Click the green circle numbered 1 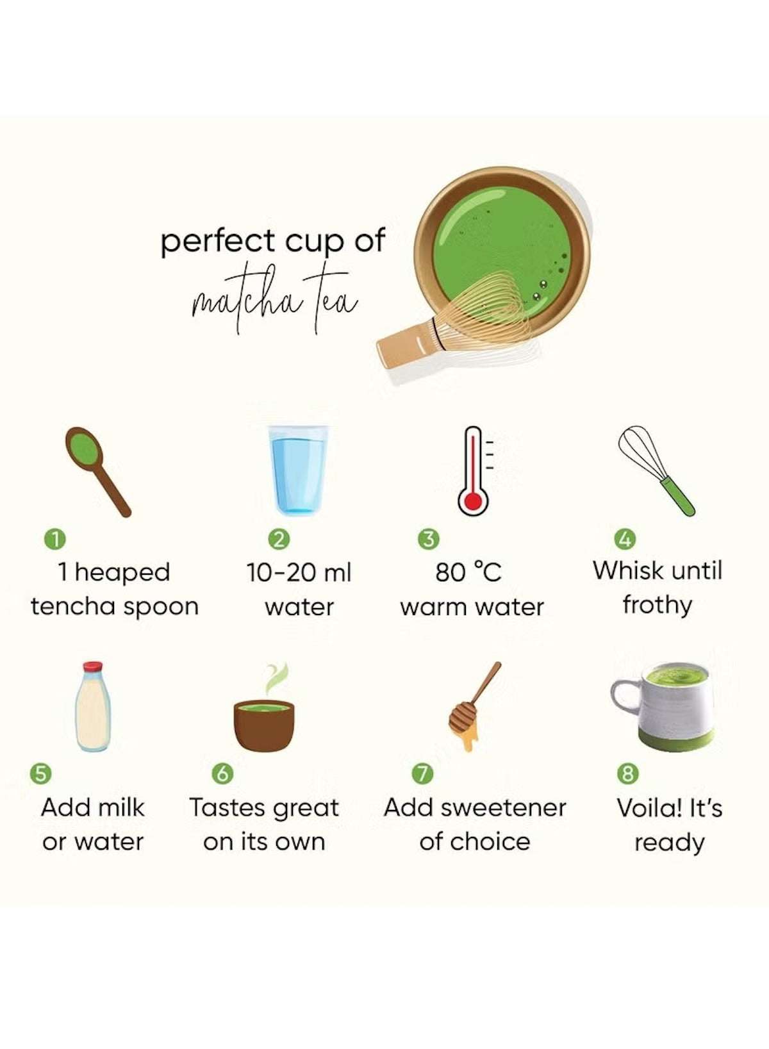(x=55, y=539)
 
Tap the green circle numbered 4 (x=625, y=539)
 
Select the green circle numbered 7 (x=422, y=773)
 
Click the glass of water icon (x=297, y=469)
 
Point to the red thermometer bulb (x=473, y=500)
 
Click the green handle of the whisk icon (x=679, y=497)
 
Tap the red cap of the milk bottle (x=93, y=666)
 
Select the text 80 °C (x=468, y=572)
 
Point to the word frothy (x=657, y=605)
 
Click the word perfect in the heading (x=217, y=242)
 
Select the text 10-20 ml (x=299, y=572)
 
